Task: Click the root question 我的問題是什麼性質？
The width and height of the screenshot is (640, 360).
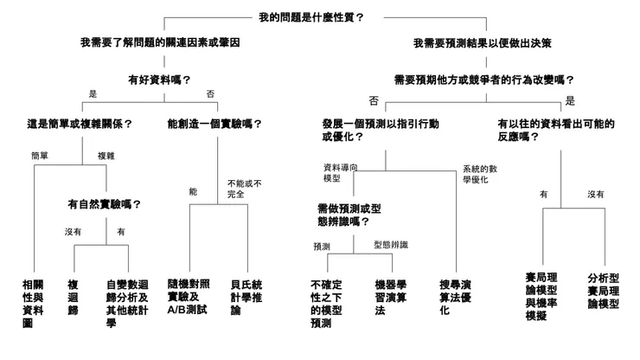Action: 310,17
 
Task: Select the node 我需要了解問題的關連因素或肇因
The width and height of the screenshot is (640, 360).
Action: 160,42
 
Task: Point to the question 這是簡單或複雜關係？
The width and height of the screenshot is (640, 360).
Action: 80,124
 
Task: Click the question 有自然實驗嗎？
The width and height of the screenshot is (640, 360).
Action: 104,204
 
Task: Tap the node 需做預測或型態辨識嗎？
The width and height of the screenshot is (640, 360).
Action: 349,215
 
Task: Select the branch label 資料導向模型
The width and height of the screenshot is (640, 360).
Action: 337,172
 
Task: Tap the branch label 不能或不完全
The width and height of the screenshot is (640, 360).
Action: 245,189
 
